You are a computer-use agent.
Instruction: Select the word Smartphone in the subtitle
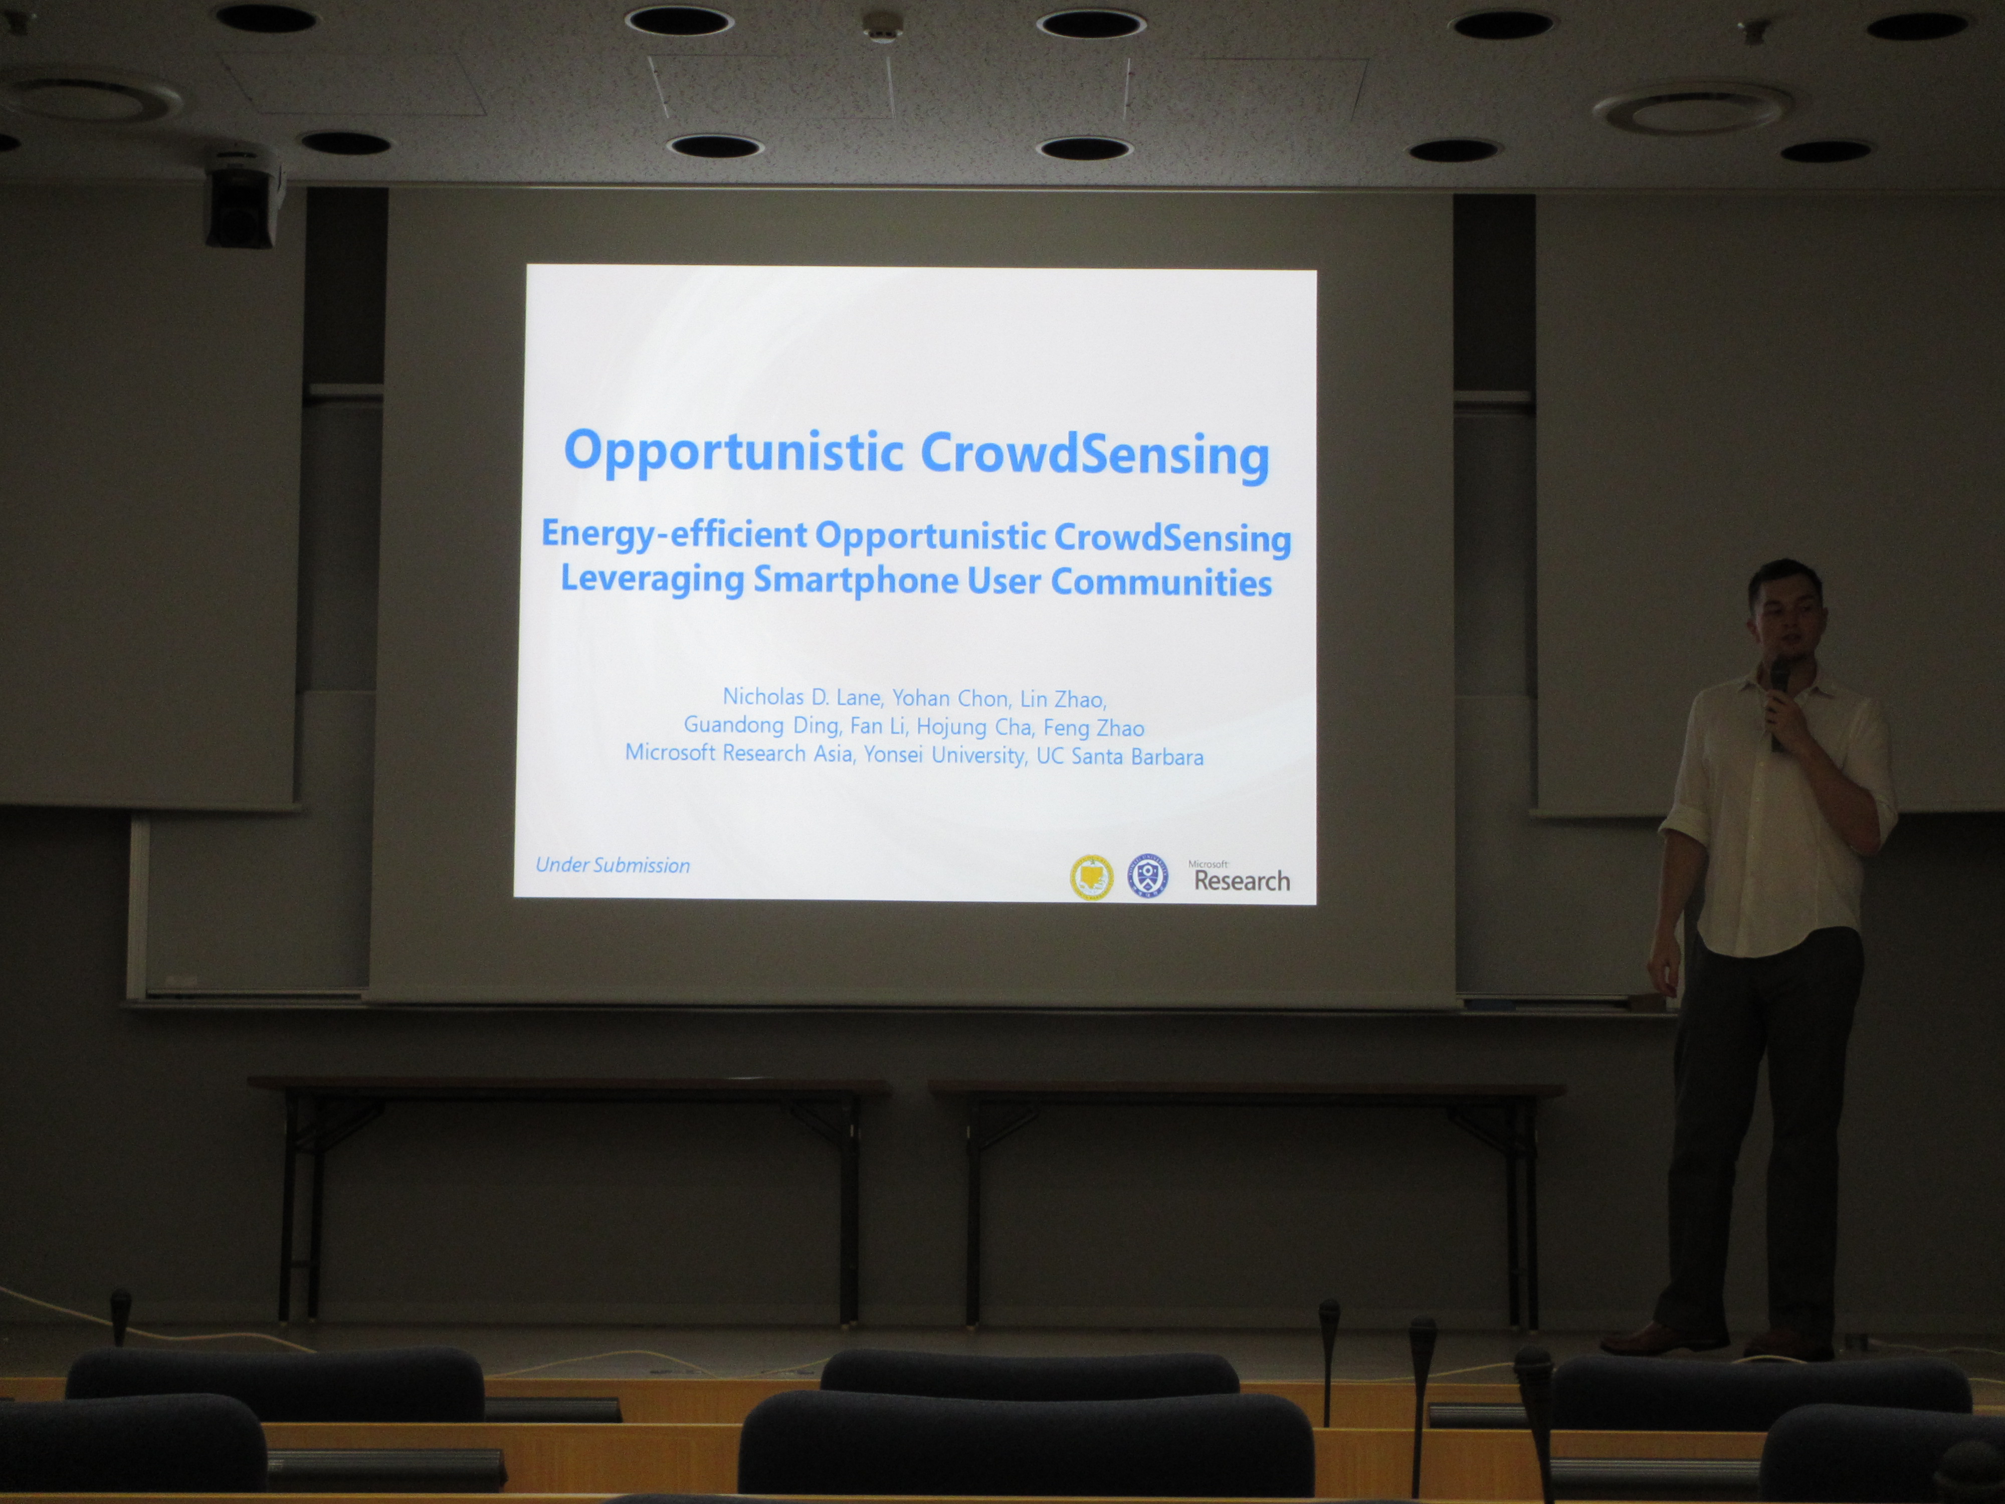click(855, 580)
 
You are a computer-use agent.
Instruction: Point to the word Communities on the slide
click(1161, 582)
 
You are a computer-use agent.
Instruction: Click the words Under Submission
click(613, 865)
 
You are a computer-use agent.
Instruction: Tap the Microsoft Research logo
click(1239, 877)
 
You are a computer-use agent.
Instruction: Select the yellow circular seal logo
click(1091, 877)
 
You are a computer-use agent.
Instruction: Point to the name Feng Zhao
click(1094, 727)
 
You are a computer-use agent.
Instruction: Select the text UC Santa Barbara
click(1119, 756)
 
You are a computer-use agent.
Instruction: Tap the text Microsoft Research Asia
click(739, 753)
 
